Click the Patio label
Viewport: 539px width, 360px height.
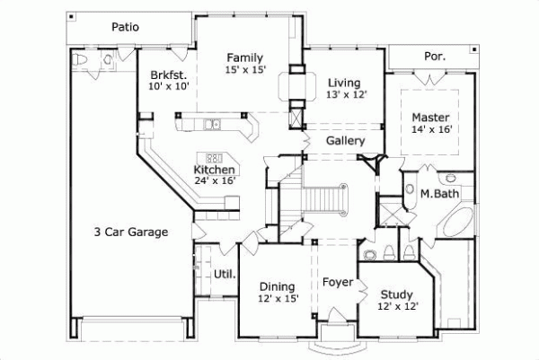125,27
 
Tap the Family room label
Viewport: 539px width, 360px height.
244,57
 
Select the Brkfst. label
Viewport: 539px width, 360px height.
168,75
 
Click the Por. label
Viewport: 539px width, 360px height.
434,57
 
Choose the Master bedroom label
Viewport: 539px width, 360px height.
430,117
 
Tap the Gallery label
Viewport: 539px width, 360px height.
345,141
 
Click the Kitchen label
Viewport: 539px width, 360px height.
215,169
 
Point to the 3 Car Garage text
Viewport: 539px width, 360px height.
131,232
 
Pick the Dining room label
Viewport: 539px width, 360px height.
277,286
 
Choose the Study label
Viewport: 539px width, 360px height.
396,294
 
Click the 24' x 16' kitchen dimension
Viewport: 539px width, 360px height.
215,180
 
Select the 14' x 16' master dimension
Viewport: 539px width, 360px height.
430,129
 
